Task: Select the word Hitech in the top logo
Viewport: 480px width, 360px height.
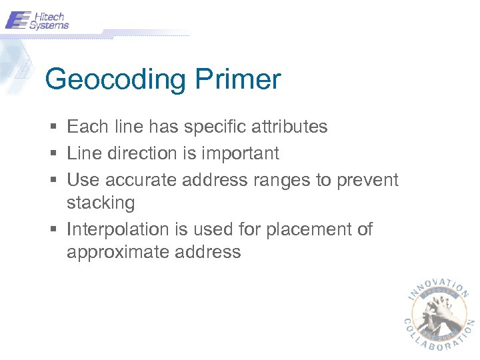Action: tap(49, 15)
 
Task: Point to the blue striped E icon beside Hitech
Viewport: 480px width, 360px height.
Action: tap(17, 20)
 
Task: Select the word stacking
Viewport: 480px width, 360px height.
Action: tap(101, 203)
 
